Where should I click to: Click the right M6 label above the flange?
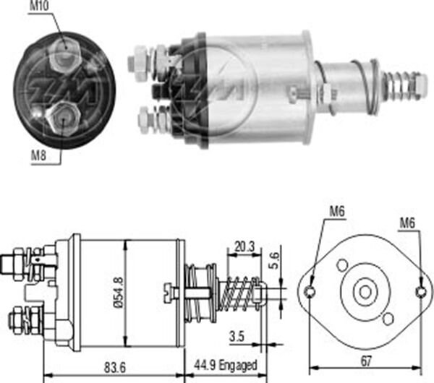[x=408, y=223]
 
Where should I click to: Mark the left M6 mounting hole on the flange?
[x=310, y=291]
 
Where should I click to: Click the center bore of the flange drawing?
[x=365, y=291]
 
